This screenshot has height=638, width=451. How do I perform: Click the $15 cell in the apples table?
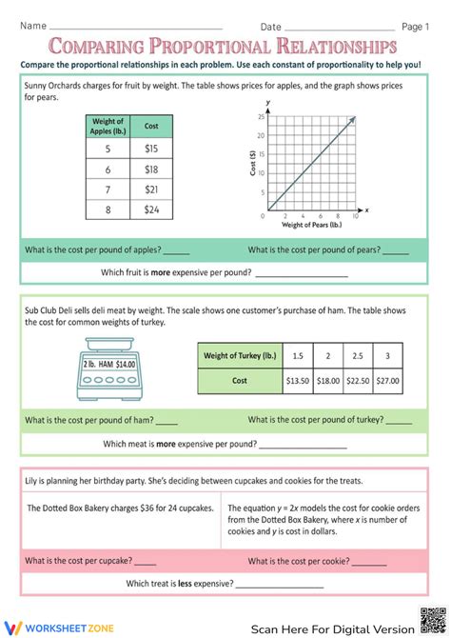(151, 149)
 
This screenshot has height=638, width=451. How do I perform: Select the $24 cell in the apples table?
(151, 209)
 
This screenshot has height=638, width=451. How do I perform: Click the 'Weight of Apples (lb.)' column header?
(107, 126)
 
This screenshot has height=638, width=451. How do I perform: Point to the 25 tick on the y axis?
(261, 116)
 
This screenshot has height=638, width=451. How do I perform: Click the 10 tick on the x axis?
(355, 217)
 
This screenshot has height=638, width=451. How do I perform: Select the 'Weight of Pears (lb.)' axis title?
(312, 226)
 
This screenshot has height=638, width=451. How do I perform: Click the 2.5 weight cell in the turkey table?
(357, 356)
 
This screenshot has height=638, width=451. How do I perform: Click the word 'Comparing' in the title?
(95, 47)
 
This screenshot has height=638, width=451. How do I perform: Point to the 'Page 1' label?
(416, 27)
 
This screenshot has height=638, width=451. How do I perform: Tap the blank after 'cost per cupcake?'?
(176, 561)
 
